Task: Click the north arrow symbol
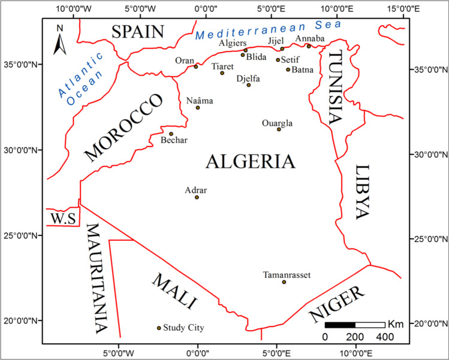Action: point(59,40)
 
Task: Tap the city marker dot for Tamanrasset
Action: point(284,282)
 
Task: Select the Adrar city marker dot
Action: point(197,197)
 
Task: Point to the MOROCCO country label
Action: point(125,128)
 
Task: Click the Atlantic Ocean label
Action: point(77,84)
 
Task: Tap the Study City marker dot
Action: point(159,328)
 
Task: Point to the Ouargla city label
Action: point(277,123)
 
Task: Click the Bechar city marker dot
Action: point(171,134)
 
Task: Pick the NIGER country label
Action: point(337,304)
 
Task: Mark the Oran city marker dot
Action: point(195,66)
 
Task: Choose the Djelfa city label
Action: point(248,78)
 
